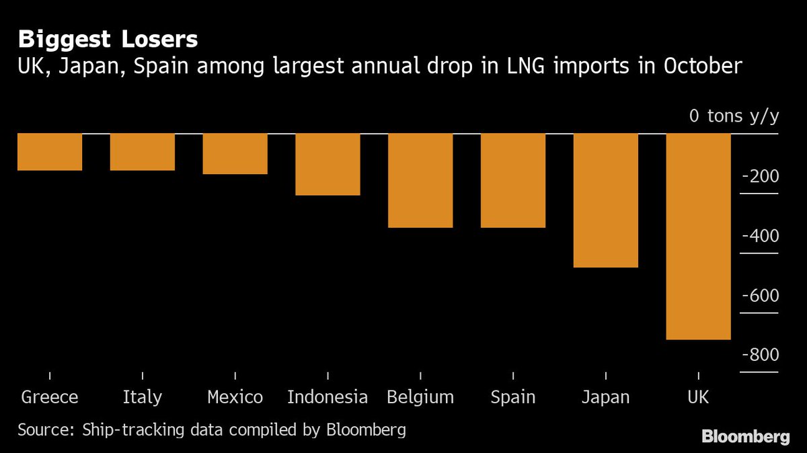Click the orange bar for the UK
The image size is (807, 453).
click(x=698, y=237)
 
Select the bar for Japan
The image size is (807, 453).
click(x=605, y=200)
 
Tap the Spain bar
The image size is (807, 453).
click(x=512, y=181)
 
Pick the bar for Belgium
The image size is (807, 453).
click(x=420, y=181)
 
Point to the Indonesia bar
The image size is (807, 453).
click(x=328, y=165)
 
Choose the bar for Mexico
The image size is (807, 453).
click(x=235, y=154)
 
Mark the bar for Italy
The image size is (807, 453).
click(x=143, y=152)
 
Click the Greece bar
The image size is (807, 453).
click(x=50, y=152)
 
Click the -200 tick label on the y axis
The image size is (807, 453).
click(x=759, y=177)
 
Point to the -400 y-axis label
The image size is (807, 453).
click(x=759, y=236)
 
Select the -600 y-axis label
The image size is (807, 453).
click(x=759, y=296)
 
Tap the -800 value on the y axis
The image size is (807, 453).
click(x=759, y=355)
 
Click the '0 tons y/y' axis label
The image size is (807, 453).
click(x=734, y=116)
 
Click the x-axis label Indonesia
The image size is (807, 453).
click(x=328, y=397)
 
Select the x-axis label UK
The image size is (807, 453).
click(x=698, y=397)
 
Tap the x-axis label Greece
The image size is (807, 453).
click(x=50, y=397)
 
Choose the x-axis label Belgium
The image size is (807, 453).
click(x=420, y=397)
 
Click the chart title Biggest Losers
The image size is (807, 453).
click(x=108, y=40)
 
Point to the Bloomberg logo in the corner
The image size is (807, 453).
click(x=745, y=437)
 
